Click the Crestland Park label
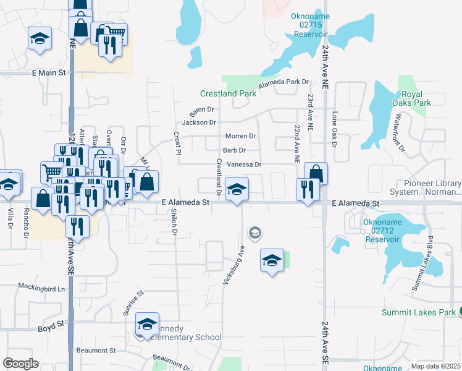228,93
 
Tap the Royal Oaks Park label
411,99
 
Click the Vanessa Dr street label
244,164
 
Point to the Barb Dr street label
234,150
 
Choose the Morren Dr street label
240,136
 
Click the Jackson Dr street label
199,122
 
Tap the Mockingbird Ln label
41,288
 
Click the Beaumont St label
96,351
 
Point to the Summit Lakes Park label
419,312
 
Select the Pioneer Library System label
432,187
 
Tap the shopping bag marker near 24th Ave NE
316,174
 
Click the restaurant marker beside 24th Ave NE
306,189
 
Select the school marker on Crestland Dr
236,189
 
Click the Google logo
20,364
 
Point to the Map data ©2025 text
435,366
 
